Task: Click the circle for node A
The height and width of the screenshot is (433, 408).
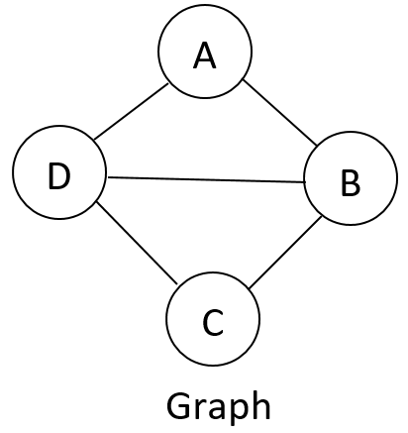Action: (x=205, y=52)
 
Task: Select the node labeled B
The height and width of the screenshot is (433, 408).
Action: (x=351, y=178)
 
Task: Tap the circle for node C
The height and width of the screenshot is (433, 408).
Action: (x=213, y=319)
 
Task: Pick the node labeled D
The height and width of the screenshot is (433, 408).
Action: (x=59, y=172)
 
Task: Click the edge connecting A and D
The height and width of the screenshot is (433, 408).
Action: (x=131, y=112)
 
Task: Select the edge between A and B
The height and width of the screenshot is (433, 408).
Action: (x=280, y=113)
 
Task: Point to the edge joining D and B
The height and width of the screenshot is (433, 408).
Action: (x=207, y=179)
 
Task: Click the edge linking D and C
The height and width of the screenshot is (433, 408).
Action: (x=137, y=243)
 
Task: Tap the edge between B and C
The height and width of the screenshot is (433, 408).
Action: (x=285, y=252)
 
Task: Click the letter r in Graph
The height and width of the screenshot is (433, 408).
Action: (x=199, y=407)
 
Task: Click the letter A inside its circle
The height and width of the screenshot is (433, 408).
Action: (x=205, y=55)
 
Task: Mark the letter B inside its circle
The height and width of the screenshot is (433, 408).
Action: (x=351, y=182)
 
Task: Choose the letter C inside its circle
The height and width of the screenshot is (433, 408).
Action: (x=213, y=323)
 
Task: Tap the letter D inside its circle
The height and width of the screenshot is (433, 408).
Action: (x=59, y=175)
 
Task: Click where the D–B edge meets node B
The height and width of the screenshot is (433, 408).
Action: (x=304, y=182)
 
